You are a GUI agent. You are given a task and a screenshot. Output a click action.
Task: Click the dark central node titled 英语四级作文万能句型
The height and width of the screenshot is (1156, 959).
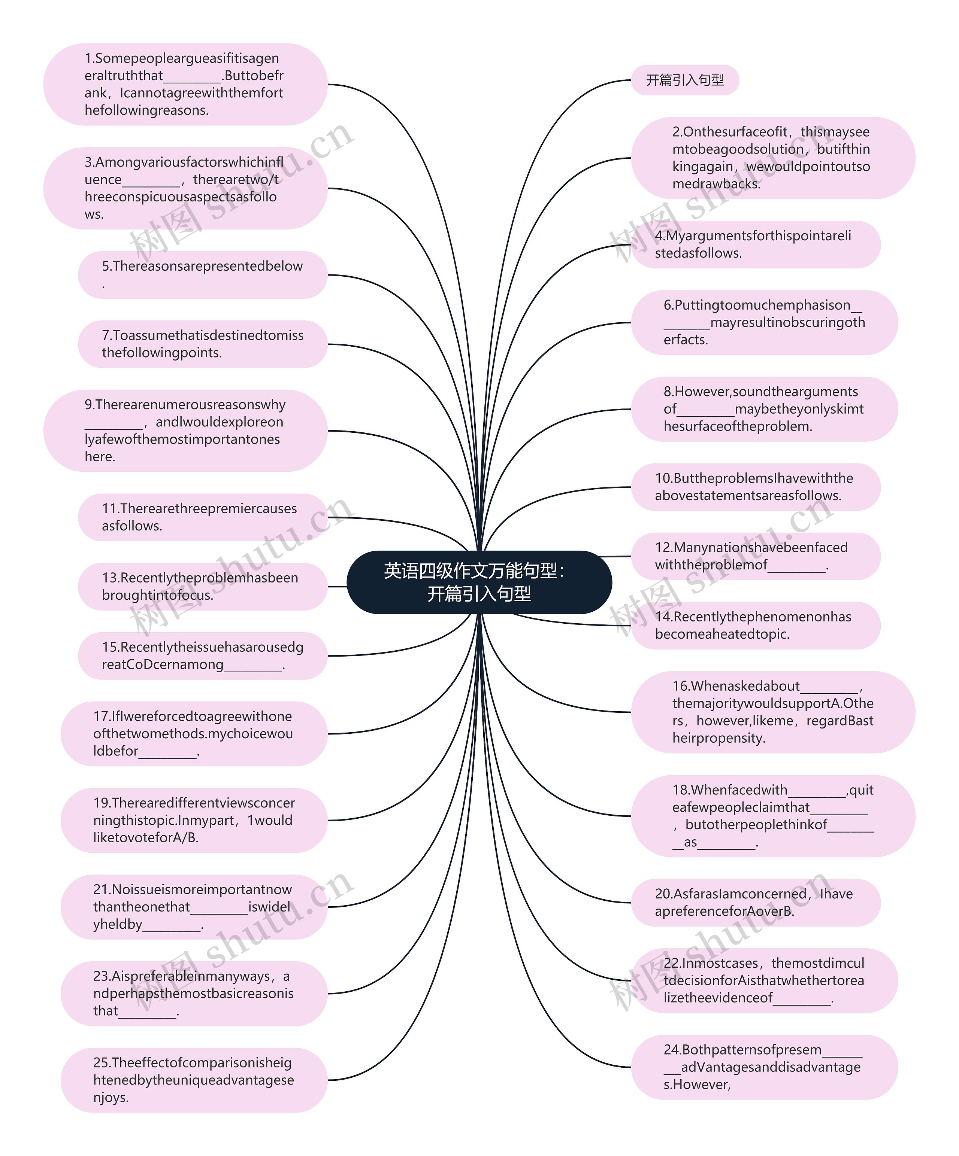[479, 582]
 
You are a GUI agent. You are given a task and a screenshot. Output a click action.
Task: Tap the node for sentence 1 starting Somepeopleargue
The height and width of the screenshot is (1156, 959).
[185, 84]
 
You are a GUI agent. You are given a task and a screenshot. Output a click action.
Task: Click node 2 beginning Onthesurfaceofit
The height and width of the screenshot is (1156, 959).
[772, 158]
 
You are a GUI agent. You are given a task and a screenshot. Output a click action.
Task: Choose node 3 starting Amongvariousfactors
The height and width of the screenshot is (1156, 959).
[185, 188]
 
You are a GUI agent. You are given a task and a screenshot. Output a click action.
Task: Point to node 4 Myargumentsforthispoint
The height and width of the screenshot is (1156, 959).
[755, 244]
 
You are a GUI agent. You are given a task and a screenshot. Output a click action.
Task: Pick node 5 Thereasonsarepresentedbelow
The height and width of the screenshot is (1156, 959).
[202, 275]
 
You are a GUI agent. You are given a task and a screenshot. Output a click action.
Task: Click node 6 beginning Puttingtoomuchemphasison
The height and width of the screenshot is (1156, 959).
[764, 322]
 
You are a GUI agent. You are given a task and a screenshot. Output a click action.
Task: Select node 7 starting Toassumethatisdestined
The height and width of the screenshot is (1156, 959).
[202, 344]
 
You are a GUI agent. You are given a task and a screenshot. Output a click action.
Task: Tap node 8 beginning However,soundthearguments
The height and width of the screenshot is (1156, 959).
[764, 409]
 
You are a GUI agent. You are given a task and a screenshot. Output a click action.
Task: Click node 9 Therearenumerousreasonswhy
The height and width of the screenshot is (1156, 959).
[185, 431]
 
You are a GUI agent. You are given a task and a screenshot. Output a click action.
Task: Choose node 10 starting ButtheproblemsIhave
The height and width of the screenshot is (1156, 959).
[755, 487]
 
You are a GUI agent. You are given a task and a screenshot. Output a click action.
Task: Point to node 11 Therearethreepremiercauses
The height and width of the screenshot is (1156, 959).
[202, 517]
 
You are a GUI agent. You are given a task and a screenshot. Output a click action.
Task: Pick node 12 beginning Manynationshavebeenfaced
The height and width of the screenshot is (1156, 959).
[755, 556]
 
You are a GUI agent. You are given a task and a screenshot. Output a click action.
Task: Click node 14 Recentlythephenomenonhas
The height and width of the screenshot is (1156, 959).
[755, 625]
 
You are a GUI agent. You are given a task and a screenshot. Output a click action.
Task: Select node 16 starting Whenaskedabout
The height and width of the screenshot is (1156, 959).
[772, 712]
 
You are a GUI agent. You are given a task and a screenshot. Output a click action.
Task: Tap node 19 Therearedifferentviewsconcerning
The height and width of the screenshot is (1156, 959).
[194, 820]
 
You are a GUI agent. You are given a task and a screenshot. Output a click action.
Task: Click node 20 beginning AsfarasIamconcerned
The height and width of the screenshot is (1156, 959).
[755, 902]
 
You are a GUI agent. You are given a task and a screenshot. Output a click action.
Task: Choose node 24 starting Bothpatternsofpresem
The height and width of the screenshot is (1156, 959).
[764, 1067]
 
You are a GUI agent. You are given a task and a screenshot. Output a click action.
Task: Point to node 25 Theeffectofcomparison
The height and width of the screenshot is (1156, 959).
[194, 1080]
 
